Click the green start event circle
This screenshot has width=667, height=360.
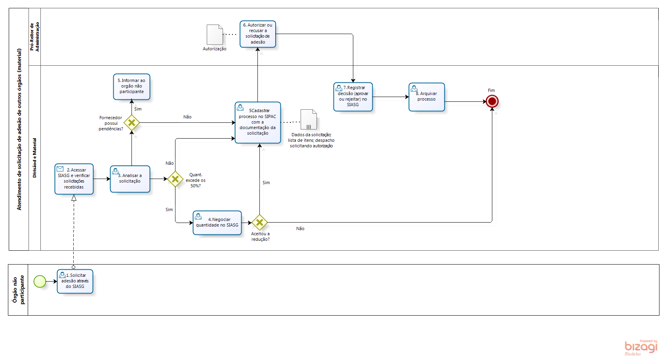pos(40,282)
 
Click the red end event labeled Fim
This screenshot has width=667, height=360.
pos(492,101)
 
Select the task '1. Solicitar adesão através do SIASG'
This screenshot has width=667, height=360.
pos(75,282)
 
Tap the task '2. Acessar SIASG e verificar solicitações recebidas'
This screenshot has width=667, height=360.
pos(74,179)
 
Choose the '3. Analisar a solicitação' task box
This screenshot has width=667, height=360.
pos(130,179)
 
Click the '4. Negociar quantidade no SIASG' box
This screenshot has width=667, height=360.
pos(217,223)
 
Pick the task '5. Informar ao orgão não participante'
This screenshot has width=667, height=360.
pos(131,87)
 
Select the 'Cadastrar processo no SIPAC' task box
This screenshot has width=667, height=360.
pos(258,122)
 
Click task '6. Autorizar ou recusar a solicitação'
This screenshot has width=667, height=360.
pos(258,34)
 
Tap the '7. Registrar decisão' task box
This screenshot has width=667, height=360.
pos(353,97)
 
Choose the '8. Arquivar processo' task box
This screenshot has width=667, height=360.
pos(427,97)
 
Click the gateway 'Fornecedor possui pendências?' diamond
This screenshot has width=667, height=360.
pos(131,123)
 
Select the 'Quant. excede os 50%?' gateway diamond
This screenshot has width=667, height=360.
pos(175,179)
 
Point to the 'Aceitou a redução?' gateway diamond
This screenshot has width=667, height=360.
pos(259,223)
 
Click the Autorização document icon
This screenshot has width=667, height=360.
pos(215,35)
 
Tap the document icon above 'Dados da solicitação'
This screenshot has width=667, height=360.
pos(309,120)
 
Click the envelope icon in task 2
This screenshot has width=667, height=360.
pos(60,169)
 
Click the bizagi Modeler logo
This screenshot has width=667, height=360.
pos(641,347)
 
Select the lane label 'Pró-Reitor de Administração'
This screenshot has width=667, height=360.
pos(34,36)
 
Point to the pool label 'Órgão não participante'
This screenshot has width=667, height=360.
pos(18,290)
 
